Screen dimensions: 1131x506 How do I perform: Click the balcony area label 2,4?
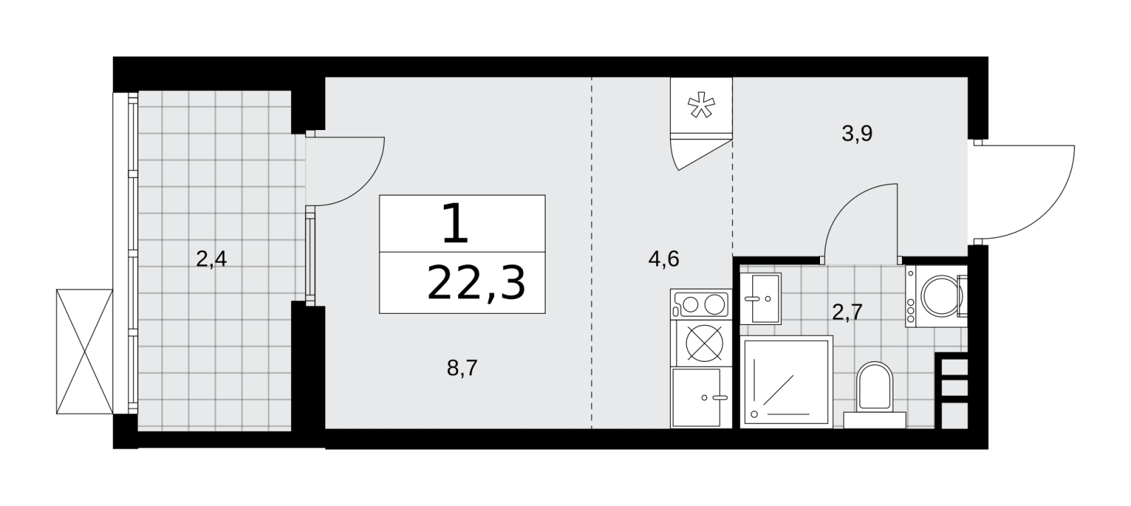[x=211, y=259]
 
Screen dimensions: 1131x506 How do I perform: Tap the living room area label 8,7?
[x=462, y=368]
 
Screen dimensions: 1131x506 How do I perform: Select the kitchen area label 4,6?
[x=664, y=259]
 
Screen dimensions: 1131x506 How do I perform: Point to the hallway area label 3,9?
[x=857, y=134]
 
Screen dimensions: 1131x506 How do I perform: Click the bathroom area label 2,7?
[x=848, y=312]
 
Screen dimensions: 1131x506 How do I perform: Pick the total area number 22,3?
[x=476, y=284]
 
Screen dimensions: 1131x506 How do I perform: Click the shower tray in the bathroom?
[x=786, y=382]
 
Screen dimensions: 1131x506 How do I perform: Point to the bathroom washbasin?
[x=761, y=298]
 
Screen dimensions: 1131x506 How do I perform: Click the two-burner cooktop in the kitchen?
[x=701, y=305]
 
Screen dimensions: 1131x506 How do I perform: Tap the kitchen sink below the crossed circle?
[x=701, y=398]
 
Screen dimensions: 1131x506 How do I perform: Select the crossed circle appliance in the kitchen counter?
[x=704, y=343]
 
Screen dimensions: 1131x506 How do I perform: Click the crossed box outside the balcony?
[x=84, y=351]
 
